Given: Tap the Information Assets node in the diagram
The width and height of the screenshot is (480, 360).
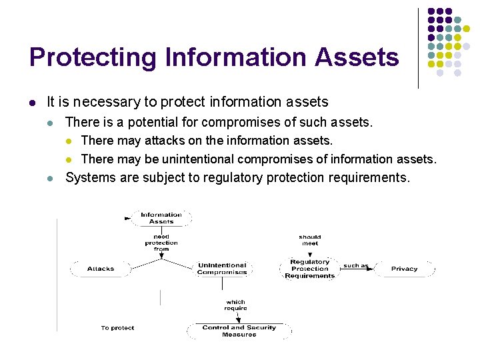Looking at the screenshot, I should point(161,218).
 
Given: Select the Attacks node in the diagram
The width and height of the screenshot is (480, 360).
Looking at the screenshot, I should point(101,269).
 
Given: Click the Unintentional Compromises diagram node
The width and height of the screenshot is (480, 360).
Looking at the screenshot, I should point(222,269).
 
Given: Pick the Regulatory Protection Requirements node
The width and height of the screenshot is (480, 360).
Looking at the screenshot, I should point(310,269).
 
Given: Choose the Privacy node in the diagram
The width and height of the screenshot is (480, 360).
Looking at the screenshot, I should point(404,269).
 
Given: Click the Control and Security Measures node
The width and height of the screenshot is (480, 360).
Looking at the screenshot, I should point(239,331).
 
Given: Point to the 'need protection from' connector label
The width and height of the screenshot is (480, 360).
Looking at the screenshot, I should point(161,243).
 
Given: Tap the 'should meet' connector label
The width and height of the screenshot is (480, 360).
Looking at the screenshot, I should point(310,240).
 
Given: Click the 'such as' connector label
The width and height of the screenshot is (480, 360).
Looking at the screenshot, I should point(355,266).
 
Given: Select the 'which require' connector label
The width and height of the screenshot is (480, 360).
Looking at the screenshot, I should point(235,305).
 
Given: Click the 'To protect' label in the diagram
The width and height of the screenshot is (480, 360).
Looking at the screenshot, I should point(117,328).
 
